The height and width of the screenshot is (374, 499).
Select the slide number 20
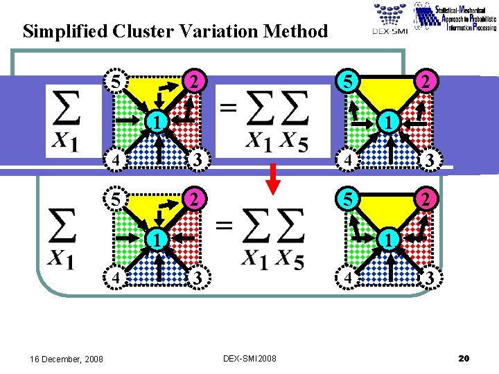click(464, 358)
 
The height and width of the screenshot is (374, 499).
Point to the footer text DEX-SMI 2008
click(249, 358)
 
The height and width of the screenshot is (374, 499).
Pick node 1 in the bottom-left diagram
click(158, 240)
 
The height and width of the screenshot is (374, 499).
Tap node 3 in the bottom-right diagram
click(430, 278)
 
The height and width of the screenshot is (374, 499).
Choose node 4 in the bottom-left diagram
click(118, 278)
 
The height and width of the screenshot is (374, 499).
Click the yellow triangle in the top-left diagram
click(157, 90)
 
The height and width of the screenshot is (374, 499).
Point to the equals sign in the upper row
click(227, 107)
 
